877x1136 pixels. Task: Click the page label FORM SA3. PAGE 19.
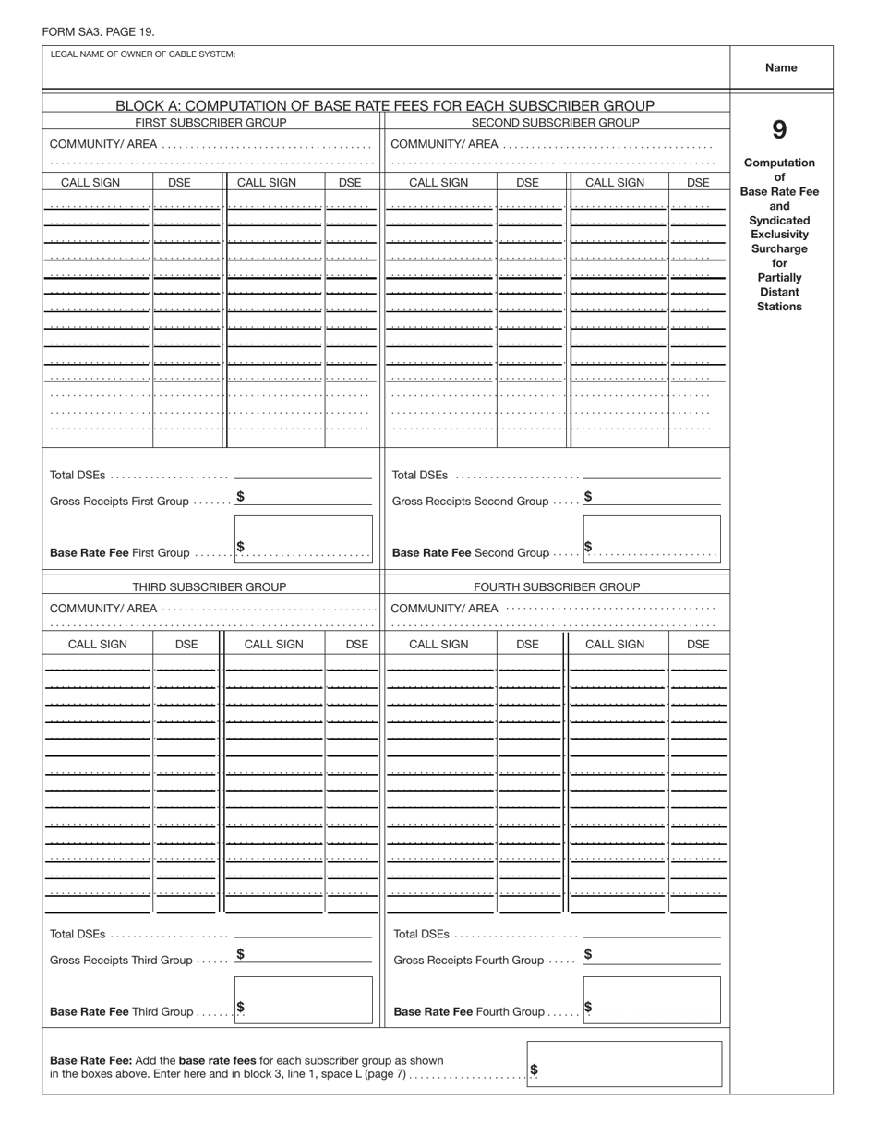tap(98, 32)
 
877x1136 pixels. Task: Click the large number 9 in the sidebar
tap(779, 130)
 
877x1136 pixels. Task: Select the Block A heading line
tap(385, 105)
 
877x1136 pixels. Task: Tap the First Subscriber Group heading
tap(210, 123)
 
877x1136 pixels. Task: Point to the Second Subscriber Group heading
tap(555, 123)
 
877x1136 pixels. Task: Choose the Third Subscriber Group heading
tap(209, 586)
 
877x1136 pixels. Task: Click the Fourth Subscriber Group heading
tap(557, 586)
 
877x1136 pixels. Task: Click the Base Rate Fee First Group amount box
tap(304, 539)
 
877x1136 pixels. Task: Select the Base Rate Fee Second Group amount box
tap(652, 539)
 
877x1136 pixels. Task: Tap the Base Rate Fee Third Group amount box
tap(304, 1000)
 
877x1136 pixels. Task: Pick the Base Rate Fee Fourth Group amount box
tap(652, 1000)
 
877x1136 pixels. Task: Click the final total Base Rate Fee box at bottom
tap(624, 1064)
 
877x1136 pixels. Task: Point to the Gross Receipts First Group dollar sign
tap(240, 496)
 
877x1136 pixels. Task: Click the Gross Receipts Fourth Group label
tap(469, 961)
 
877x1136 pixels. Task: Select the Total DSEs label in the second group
tap(420, 476)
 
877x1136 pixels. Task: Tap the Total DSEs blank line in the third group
tap(303, 937)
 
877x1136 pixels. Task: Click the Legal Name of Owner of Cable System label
tap(143, 54)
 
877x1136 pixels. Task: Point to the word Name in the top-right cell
tap(781, 67)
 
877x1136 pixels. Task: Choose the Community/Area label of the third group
tap(103, 609)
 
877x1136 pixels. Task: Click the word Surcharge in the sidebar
tap(779, 249)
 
